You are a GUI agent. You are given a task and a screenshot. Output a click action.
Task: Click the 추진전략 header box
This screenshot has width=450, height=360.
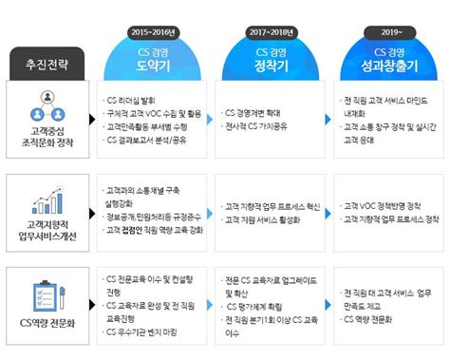(47, 68)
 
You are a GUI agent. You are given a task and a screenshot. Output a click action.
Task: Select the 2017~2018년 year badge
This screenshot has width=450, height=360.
(274, 17)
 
